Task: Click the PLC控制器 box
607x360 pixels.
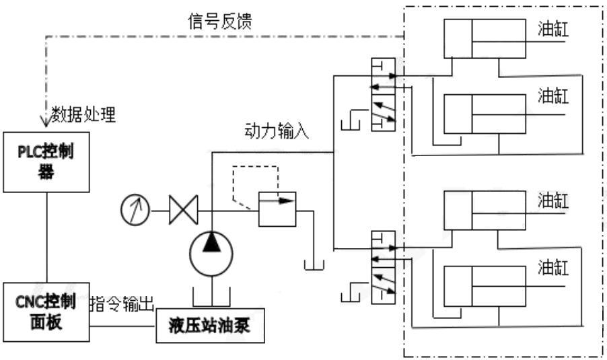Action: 46,161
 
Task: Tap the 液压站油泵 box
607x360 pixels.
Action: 210,327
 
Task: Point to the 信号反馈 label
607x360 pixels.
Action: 219,22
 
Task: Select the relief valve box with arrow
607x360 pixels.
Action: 277,210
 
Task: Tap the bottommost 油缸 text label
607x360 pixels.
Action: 554,268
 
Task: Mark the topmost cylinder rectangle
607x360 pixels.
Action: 484,39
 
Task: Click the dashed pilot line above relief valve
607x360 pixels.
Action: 256,168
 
